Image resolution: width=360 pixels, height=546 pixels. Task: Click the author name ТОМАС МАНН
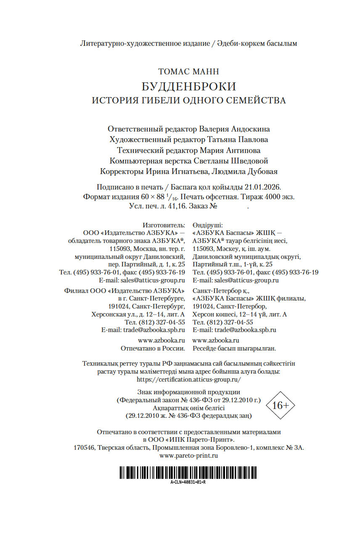(x=188, y=72)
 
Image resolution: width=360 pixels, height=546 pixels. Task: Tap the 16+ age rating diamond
(x=281, y=405)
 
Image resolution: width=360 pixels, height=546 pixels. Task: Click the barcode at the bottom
(x=188, y=472)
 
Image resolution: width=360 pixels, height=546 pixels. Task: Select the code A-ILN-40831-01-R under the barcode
(x=188, y=482)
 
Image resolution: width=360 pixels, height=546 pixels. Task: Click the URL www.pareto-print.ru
(x=188, y=455)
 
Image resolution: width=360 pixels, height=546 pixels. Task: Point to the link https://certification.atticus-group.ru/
(x=188, y=379)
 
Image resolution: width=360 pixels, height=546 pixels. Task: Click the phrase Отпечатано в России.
(x=153, y=348)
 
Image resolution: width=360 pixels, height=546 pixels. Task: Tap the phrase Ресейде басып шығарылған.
(x=234, y=348)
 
